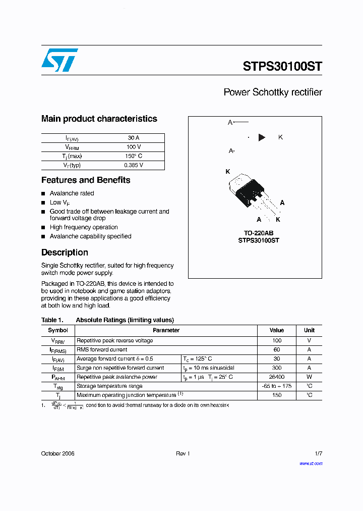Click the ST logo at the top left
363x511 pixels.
pos(59,60)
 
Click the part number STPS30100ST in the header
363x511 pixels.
pos(282,66)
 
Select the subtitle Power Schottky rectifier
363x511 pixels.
pos(272,92)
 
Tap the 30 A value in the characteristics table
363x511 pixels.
pos(134,138)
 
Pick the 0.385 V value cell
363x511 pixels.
pos(134,165)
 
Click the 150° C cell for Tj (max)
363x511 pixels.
pos(134,156)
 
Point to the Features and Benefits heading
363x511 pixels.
pos(86,180)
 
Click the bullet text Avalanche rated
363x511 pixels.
pos(72,193)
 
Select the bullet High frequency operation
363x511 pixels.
pos(84,227)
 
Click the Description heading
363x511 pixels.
pos(65,252)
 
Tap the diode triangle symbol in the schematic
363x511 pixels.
pos(262,137)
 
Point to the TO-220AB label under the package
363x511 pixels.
pos(258,233)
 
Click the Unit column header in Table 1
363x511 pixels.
pos(309,330)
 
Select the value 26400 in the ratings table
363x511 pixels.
pos(277,377)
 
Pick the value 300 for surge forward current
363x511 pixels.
pos(277,368)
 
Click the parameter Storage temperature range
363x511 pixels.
pos(109,386)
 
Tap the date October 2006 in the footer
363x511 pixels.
pos(57,453)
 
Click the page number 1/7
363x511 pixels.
pos(318,453)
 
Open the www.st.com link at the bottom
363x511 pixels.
pos(311,464)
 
